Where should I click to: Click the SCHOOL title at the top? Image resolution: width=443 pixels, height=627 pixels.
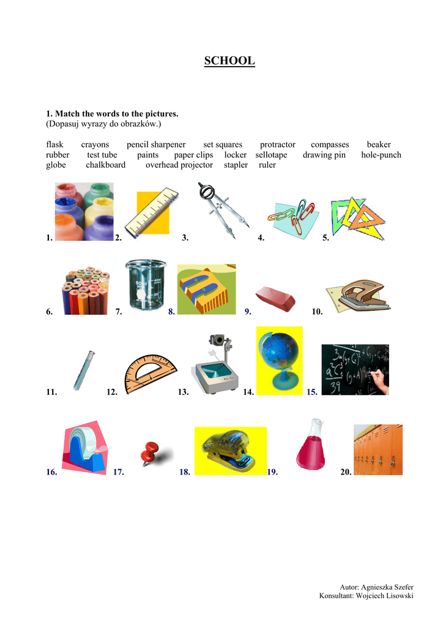tap(229, 61)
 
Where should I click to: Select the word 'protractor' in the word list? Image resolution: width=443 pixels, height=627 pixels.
tap(278, 145)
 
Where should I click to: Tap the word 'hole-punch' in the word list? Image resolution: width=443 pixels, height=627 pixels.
tap(381, 155)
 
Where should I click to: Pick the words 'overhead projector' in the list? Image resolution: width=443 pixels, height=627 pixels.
tap(179, 165)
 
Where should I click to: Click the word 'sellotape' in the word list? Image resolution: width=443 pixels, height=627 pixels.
tap(271, 155)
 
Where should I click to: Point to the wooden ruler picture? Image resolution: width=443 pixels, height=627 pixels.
tap(151, 211)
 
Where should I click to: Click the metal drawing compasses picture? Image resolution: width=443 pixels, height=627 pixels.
tap(222, 210)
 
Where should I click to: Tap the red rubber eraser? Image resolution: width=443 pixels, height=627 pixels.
tap(275, 298)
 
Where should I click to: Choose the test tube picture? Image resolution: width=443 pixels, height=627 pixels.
tap(84, 370)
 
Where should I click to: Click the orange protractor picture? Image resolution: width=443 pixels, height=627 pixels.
tap(150, 374)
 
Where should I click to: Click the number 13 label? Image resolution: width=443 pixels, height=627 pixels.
tap(183, 392)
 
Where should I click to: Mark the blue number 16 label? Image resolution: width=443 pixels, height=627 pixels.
tap(51, 472)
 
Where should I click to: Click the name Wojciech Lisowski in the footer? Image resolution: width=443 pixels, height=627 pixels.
tap(384, 595)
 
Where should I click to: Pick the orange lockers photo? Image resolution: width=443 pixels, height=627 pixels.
tap(378, 450)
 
